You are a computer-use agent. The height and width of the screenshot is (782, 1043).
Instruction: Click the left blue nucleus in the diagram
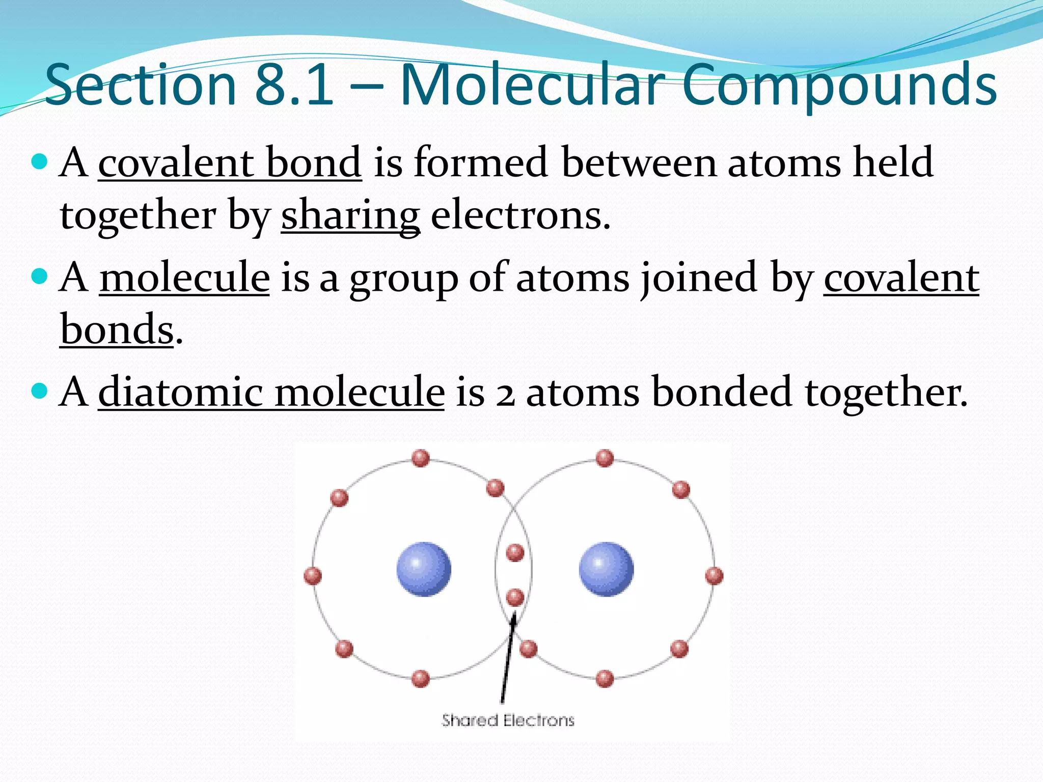(x=424, y=569)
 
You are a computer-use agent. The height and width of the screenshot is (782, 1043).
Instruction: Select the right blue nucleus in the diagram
(x=606, y=569)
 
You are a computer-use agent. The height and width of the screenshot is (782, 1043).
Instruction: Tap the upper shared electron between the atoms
(x=515, y=552)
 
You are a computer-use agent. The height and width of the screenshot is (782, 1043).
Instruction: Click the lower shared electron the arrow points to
(x=515, y=597)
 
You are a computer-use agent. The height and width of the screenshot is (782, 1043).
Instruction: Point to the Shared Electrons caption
(x=508, y=720)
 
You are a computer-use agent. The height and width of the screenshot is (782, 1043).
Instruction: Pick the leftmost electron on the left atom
(x=312, y=576)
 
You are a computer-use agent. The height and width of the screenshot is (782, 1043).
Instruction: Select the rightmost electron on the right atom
(x=714, y=576)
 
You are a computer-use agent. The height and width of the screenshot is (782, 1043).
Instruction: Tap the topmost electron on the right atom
(x=605, y=458)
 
